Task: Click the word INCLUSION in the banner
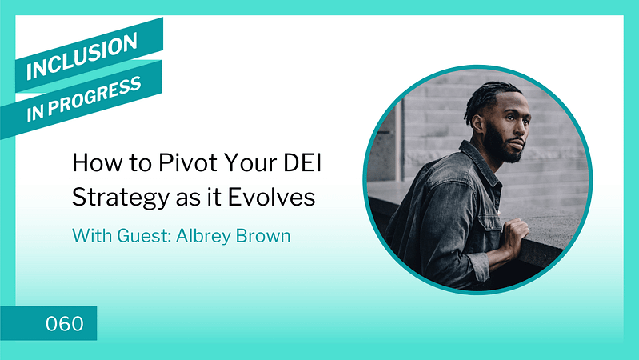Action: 82,56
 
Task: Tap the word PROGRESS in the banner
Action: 94,96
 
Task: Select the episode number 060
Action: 65,323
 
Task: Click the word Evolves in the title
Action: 271,197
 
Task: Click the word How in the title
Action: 97,162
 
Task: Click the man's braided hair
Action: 489,98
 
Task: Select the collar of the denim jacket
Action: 479,161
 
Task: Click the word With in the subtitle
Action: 92,236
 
